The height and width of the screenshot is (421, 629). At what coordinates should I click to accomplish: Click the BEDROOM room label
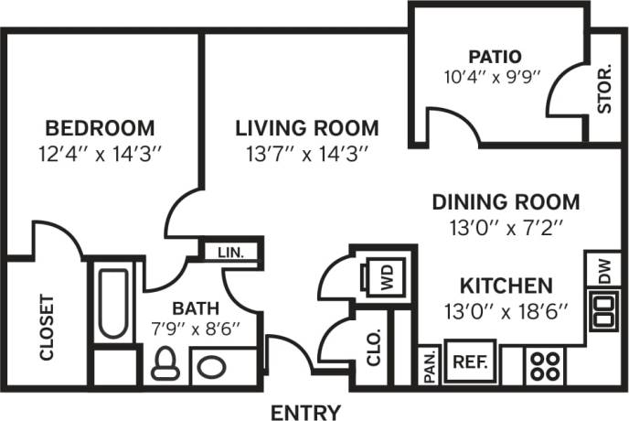coord(100,127)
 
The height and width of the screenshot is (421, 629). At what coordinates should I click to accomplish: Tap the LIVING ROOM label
coord(306,127)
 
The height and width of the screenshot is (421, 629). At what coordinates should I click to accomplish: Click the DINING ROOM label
coord(506,201)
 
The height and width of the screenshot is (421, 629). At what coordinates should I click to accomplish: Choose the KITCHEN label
coord(506,285)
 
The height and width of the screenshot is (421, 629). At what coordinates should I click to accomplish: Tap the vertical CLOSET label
coord(48,327)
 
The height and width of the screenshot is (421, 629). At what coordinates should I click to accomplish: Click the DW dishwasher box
coord(603,268)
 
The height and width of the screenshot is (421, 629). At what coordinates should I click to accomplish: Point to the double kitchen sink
coord(603,309)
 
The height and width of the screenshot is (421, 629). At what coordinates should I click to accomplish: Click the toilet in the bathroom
coord(164,364)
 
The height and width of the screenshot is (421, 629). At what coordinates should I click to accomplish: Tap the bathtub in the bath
coord(113,302)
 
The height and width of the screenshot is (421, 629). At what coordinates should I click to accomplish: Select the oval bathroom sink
coord(212,369)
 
